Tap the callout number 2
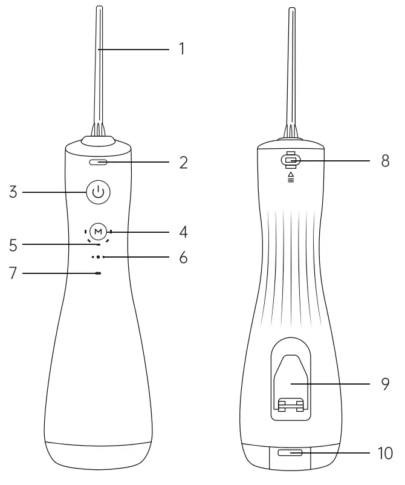[x=182, y=163]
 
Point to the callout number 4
[x=182, y=231]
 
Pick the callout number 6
[x=182, y=258]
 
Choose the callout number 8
[x=386, y=161]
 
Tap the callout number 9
[x=386, y=383]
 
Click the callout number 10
[x=384, y=453]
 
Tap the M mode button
[x=97, y=231]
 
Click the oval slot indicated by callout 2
[x=97, y=163]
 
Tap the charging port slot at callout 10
[x=290, y=453]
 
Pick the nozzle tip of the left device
[x=97, y=9]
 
